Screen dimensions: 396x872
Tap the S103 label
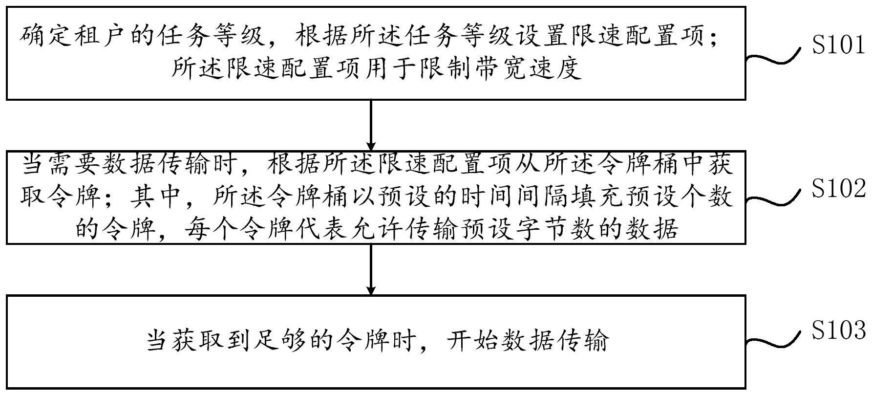pyautogui.click(x=838, y=331)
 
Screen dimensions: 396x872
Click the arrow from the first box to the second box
pyautogui.click(x=371, y=125)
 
